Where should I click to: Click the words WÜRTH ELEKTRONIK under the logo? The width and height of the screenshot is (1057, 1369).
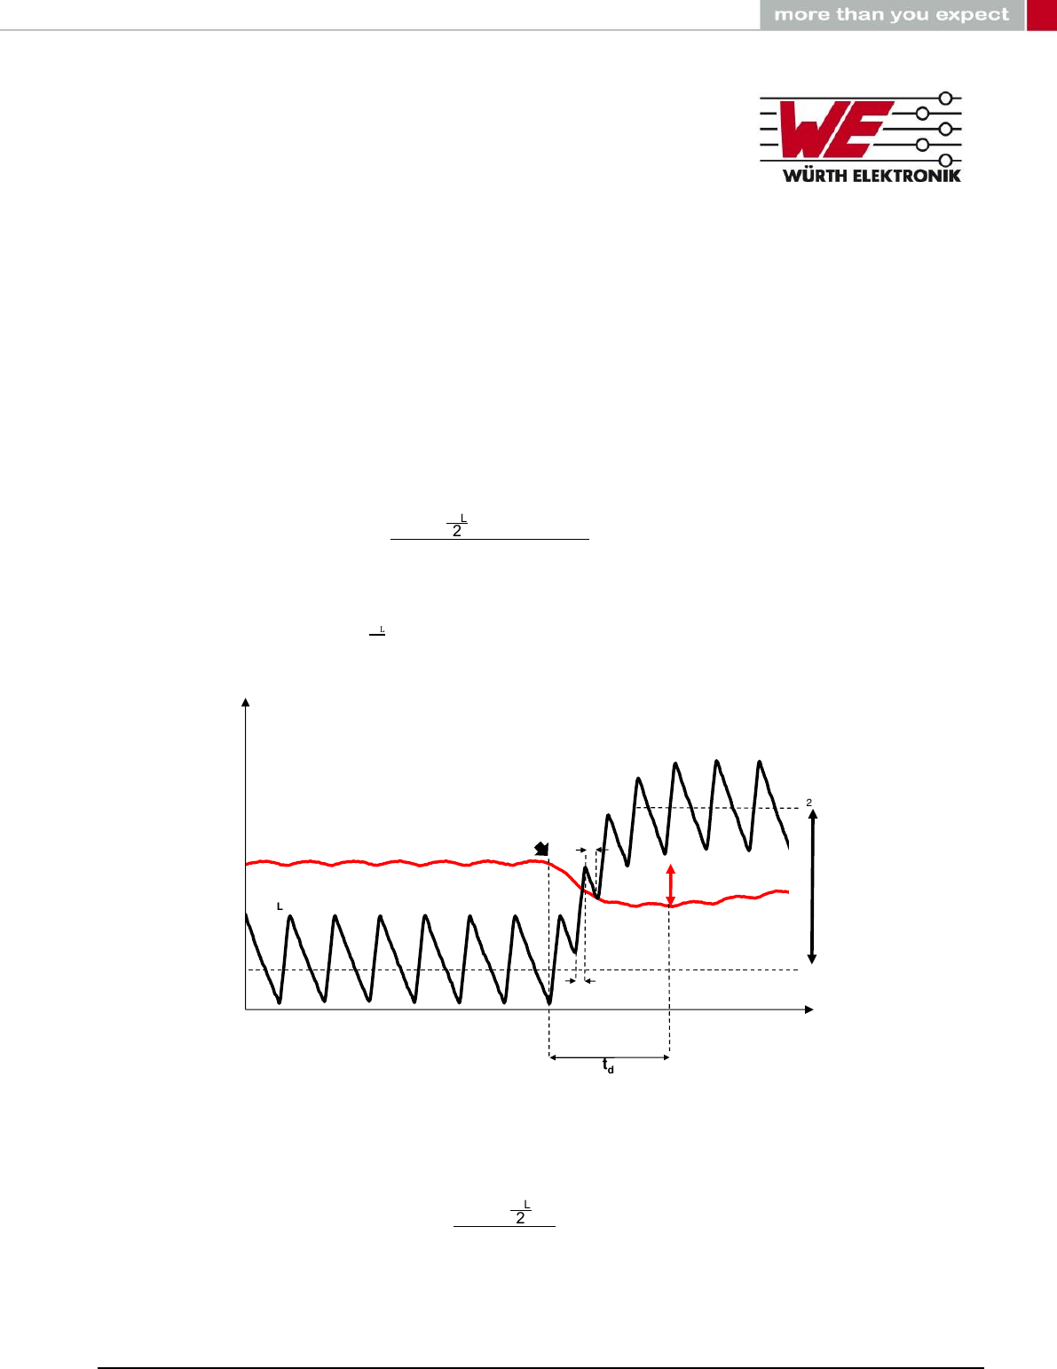pos(872,176)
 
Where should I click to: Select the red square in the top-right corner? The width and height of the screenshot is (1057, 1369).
pos(1041,14)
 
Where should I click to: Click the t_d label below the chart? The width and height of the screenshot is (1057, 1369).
pos(608,1065)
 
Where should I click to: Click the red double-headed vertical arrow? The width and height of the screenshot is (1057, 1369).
pos(670,885)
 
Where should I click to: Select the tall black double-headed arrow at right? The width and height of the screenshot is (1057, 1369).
pos(812,886)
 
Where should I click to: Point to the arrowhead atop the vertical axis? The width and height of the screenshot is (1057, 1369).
pos(246,702)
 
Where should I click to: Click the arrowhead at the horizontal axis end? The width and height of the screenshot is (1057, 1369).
pos(809,1010)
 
